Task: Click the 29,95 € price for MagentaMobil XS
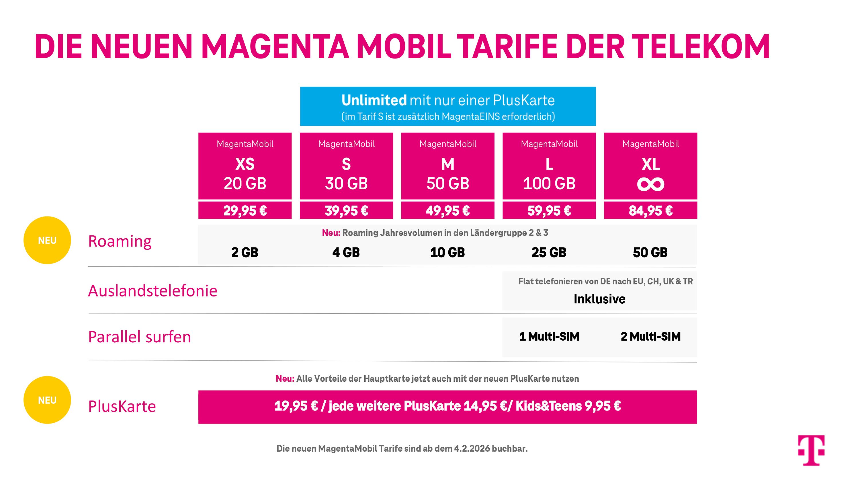(245, 210)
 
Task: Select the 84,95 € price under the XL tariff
(650, 210)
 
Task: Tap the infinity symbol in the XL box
(650, 184)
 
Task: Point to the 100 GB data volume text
(549, 184)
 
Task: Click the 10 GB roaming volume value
(447, 253)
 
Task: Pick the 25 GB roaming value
(549, 253)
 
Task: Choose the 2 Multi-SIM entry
(650, 336)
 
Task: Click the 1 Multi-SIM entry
(549, 336)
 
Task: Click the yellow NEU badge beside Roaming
(47, 240)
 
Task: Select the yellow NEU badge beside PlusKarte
(47, 400)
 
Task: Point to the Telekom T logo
(811, 450)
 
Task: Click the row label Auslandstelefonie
(153, 290)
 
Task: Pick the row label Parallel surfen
(139, 337)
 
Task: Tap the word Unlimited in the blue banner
(374, 100)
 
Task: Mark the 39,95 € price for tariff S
(346, 210)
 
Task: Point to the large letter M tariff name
(448, 164)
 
